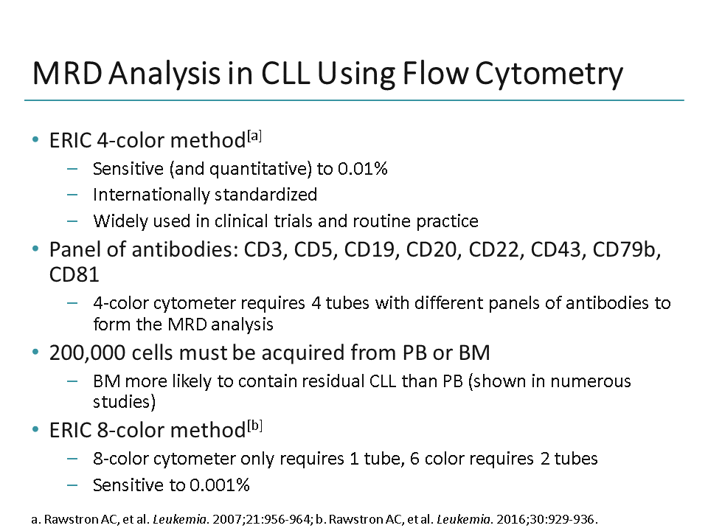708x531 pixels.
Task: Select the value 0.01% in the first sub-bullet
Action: pyautogui.click(x=362, y=169)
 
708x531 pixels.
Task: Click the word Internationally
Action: pyautogui.click(x=150, y=195)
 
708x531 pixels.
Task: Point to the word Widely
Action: pyautogui.click(x=116, y=221)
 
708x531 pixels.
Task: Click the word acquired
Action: pyautogui.click(x=288, y=353)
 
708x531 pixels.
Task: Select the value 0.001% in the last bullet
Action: pyautogui.click(x=218, y=485)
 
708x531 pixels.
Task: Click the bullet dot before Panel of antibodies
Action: pyautogui.click(x=36, y=250)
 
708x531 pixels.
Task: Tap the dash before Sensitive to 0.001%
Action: pyautogui.click(x=72, y=485)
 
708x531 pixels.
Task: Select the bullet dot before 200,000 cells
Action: pyautogui.click(x=36, y=353)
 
